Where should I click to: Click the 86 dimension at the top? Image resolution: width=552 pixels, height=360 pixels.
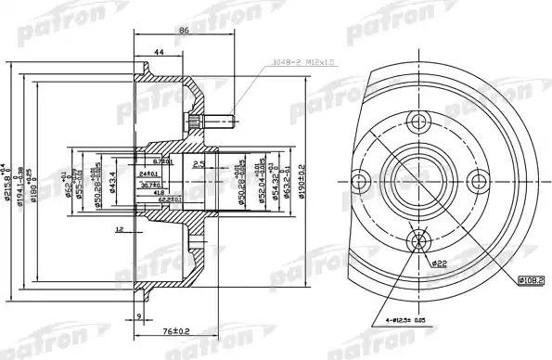point(184,31)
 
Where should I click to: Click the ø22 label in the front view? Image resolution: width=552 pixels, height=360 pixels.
point(438,264)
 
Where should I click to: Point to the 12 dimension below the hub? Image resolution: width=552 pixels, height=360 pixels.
point(118,228)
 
